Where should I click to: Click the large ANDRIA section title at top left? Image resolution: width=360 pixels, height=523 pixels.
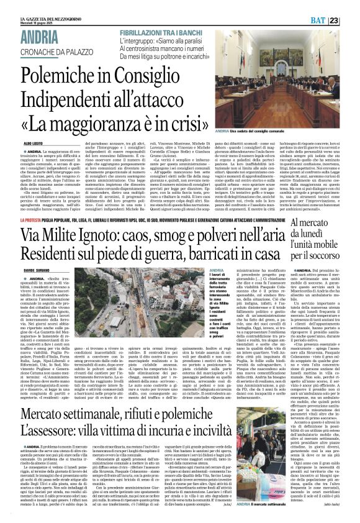pos(41,36)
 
